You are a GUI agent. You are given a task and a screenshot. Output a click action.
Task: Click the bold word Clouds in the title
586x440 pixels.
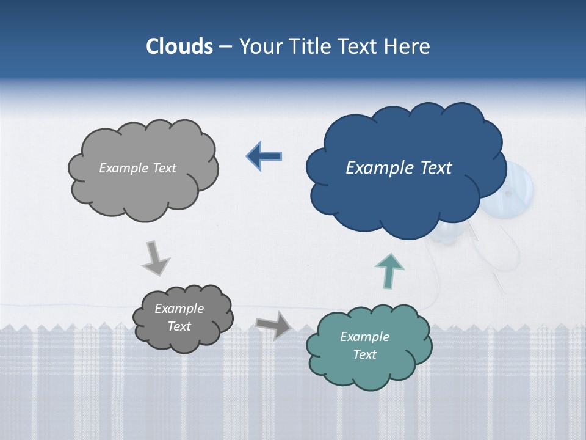pos(179,46)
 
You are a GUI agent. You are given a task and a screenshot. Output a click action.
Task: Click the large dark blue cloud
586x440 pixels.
pos(403,196)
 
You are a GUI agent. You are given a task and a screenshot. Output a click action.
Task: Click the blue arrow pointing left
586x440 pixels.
pos(264,156)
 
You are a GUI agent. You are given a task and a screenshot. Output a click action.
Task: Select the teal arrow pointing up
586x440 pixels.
pos(389,271)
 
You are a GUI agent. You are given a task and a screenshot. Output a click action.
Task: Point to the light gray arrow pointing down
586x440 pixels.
pos(155,258)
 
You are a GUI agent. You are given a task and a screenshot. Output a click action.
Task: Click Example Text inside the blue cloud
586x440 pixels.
pos(399,168)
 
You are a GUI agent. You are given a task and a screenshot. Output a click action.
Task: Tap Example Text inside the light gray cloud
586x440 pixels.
pos(137,168)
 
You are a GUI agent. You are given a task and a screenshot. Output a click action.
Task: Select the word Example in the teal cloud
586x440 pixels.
pos(364,337)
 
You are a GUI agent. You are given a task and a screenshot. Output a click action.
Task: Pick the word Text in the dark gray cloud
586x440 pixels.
pos(179,326)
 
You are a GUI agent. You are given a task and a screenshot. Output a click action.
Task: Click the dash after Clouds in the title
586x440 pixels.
pos(225,47)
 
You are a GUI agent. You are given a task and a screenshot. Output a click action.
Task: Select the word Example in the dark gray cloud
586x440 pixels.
pos(179,309)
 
